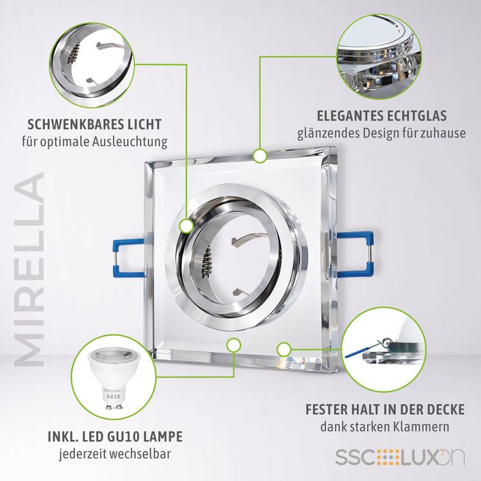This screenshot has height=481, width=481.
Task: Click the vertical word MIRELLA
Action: (30, 269)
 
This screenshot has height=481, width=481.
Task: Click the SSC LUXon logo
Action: (400, 457)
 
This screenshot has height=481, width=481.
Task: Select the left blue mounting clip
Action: (128, 258)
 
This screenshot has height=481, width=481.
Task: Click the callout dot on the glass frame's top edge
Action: (260, 156)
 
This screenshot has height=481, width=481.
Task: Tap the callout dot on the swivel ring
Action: (186, 226)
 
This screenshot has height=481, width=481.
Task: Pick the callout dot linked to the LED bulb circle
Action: (233, 345)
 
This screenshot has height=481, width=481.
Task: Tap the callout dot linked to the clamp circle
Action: (283, 350)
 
